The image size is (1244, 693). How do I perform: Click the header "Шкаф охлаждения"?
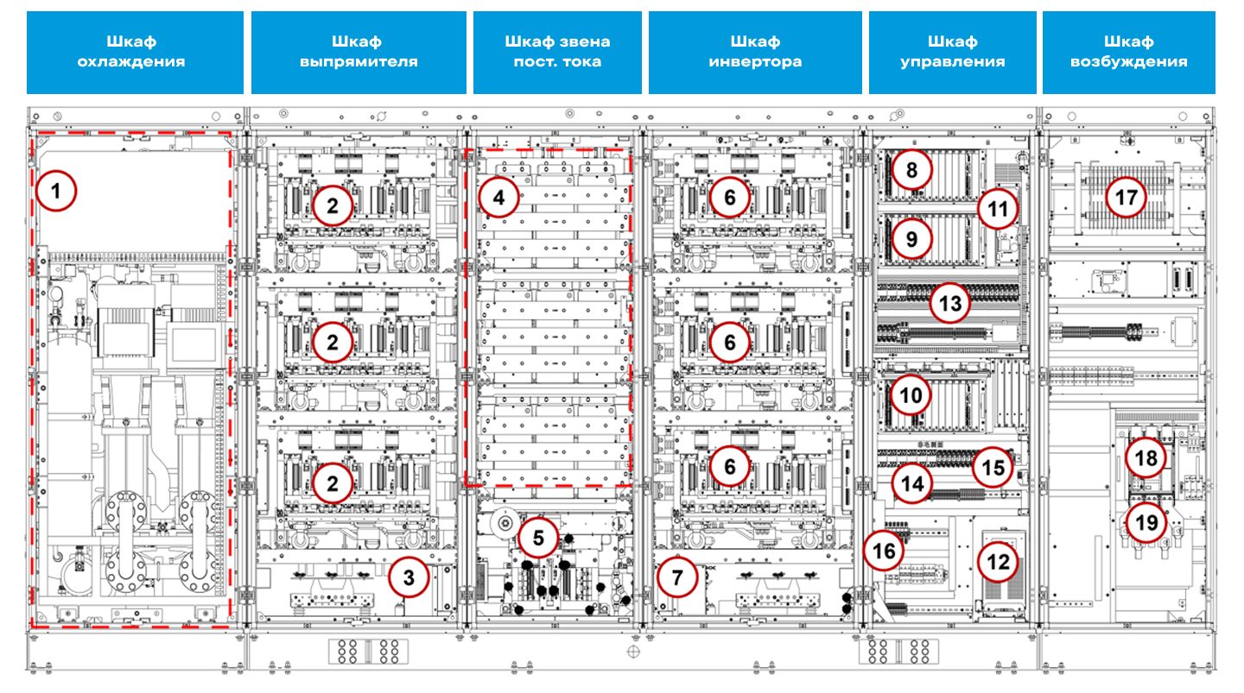click(x=135, y=52)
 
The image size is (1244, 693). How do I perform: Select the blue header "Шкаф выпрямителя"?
click(x=359, y=52)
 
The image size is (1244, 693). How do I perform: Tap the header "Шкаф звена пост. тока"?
click(x=557, y=52)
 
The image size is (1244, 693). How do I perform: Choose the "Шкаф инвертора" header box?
click(x=755, y=52)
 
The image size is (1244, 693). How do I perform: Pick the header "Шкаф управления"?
click(x=952, y=52)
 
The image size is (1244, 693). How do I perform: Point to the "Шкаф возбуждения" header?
click(x=1128, y=52)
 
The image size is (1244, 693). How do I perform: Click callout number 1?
click(x=57, y=192)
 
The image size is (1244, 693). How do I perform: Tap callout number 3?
click(x=412, y=579)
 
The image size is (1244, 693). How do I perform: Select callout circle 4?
click(x=498, y=198)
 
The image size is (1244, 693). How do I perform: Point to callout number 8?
click(x=911, y=170)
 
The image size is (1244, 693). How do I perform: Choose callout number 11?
click(x=998, y=209)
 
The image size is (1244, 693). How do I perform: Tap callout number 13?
click(x=950, y=304)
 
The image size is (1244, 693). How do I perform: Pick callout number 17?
click(x=1127, y=198)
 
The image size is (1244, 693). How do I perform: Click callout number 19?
click(x=1146, y=522)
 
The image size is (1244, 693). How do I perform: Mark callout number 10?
click(x=911, y=395)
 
